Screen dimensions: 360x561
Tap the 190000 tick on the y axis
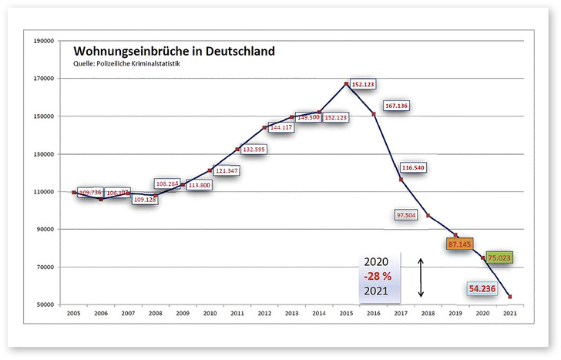[x=40, y=40]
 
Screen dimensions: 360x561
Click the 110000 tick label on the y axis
[x=40, y=192]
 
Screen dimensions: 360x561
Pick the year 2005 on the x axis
[x=74, y=315]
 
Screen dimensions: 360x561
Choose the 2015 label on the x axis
[x=346, y=315]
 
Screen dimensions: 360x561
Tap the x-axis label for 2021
[x=509, y=315]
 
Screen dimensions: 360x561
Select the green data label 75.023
[x=499, y=257]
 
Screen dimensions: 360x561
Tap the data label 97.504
[x=406, y=216]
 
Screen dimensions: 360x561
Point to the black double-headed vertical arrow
[x=421, y=278]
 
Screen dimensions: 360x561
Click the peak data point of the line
[x=346, y=83]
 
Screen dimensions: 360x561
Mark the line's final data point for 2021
[x=509, y=297]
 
